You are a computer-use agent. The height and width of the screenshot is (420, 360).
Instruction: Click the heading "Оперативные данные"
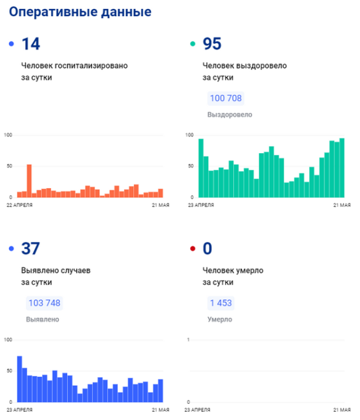(80, 12)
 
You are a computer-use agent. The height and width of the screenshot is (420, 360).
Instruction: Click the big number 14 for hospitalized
(31, 44)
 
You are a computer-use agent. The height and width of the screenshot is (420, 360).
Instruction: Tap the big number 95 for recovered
(212, 44)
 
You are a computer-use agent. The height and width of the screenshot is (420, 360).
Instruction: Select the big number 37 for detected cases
(30, 249)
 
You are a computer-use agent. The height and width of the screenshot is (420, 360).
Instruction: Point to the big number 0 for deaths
(207, 249)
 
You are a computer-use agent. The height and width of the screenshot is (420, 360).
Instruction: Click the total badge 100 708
(226, 98)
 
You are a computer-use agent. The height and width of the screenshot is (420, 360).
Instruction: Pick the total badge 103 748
(45, 303)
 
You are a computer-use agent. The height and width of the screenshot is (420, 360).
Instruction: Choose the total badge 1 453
(220, 303)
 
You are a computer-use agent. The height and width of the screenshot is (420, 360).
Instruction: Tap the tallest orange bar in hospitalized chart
(29, 181)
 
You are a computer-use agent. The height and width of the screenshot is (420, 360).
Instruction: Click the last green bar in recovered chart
(342, 168)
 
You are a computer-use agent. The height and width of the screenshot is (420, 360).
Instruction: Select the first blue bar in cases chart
(19, 379)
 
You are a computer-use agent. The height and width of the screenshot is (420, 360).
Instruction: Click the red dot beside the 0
(193, 249)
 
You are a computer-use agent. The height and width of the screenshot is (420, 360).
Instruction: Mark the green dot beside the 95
(193, 44)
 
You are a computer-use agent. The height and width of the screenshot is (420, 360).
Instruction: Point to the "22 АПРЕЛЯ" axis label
(19, 205)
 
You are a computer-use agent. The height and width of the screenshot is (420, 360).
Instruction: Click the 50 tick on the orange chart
(10, 166)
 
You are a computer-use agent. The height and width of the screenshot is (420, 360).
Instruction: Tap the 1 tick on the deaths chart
(188, 340)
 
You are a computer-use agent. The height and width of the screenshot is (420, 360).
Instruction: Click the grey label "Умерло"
(220, 319)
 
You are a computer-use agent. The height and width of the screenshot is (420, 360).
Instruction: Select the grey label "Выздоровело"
(230, 114)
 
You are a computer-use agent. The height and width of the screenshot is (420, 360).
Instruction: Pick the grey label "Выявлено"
(43, 319)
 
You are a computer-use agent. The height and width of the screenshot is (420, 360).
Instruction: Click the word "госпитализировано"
(91, 66)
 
